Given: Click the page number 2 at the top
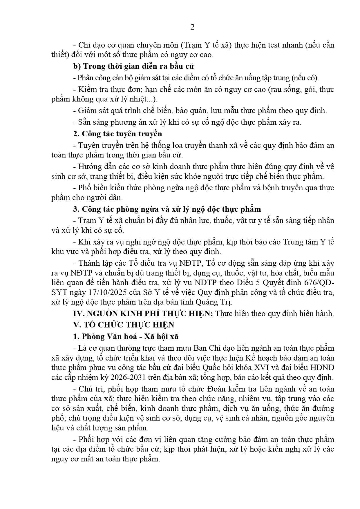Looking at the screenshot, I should click(x=192, y=27).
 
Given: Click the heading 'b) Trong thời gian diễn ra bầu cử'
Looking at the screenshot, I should click(x=133, y=66).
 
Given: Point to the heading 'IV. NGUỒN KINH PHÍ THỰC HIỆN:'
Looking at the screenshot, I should click(x=143, y=314).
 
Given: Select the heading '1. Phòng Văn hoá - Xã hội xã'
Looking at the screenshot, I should click(x=126, y=336).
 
